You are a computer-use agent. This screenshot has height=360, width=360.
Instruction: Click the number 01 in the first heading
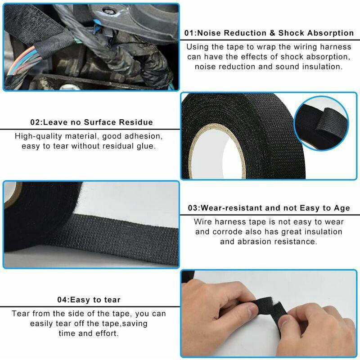click(x=189, y=33)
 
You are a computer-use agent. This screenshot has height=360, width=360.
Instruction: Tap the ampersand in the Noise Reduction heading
click(x=272, y=33)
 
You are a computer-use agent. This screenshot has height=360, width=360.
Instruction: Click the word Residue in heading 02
click(x=136, y=122)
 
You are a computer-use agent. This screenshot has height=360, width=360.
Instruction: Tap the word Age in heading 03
click(x=342, y=208)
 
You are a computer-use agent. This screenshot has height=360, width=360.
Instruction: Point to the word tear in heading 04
click(x=112, y=300)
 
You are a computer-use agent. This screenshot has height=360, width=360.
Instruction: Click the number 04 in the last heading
click(x=62, y=300)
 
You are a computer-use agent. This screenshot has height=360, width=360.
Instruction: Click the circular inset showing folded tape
click(x=321, y=123)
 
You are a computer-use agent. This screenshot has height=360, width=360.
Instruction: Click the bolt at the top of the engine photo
click(x=109, y=10)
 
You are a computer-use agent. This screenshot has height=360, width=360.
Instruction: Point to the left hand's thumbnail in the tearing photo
click(x=252, y=310)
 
